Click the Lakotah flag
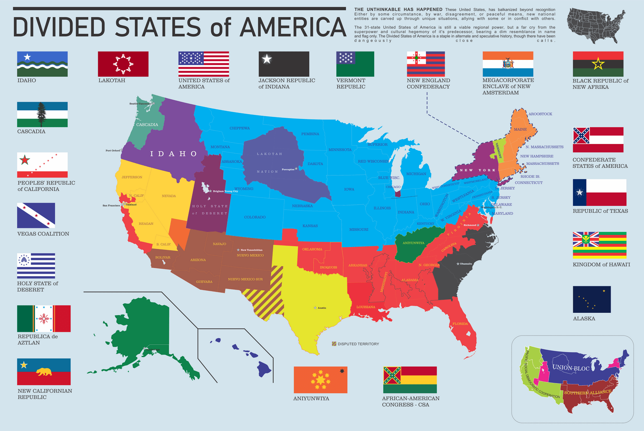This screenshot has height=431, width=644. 123,64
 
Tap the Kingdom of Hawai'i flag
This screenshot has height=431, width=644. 600,245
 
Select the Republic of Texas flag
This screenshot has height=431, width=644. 599,193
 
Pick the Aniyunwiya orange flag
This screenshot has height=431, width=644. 320,380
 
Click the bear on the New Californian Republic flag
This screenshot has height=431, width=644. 44,371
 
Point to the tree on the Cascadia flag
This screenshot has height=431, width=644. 41,114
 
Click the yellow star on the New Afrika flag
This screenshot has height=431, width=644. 598,64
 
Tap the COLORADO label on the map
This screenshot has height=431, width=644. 255,217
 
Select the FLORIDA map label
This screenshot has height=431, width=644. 460,324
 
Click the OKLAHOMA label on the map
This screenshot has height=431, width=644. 312,249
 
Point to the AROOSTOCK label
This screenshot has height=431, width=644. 540,114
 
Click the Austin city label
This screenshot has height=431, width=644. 322,308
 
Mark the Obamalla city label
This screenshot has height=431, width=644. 466,264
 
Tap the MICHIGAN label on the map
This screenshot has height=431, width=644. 416,174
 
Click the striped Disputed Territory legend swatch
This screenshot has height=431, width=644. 334,344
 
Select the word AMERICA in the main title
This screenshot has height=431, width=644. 293,27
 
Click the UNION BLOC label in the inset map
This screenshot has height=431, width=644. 571,368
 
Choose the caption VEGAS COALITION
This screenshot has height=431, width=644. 43,234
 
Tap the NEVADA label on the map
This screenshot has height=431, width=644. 169,196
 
